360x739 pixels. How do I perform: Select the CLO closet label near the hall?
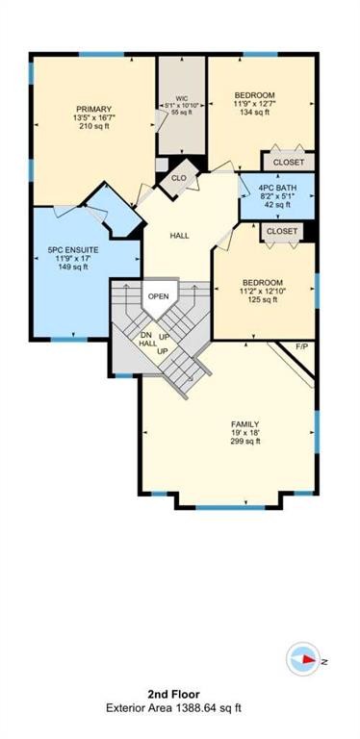click(178, 177)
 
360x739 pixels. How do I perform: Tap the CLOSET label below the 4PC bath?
click(281, 232)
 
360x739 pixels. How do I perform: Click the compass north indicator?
click(306, 660)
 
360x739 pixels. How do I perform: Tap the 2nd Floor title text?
click(179, 694)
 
